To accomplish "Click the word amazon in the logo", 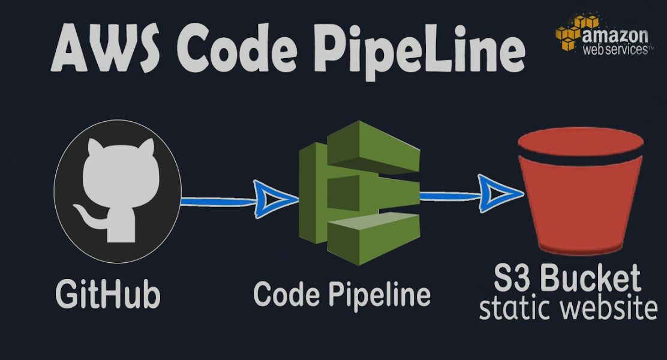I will point(615,35).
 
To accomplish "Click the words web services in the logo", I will point(615,50).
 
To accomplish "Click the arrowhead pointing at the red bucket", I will point(498,194).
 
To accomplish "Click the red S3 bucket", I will point(581,204).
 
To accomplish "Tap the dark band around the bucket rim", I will point(581,158).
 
